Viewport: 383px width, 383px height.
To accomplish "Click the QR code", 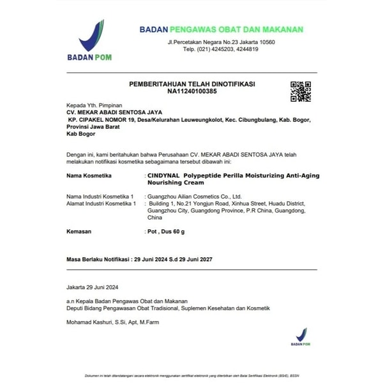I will pyautogui.click(x=300, y=91).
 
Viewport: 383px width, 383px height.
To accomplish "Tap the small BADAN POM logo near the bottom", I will pyautogui.click(x=301, y=336).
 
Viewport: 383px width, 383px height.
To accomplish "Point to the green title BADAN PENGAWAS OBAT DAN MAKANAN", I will pyautogui.click(x=222, y=29).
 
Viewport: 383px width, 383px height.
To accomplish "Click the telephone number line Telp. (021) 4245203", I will pyautogui.click(x=221, y=49).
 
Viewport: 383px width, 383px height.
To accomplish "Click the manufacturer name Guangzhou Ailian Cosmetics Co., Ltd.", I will pyautogui.click(x=194, y=197).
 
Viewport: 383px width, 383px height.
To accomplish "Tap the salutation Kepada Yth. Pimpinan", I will pyautogui.click(x=94, y=105).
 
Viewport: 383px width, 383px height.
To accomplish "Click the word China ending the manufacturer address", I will pyautogui.click(x=154, y=217).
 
